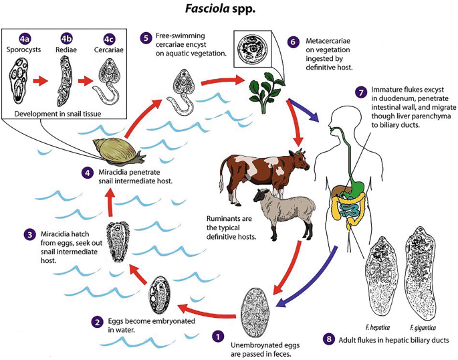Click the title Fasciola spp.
click(x=229, y=11)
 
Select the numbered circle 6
click(x=293, y=41)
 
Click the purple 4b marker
click(x=66, y=38)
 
